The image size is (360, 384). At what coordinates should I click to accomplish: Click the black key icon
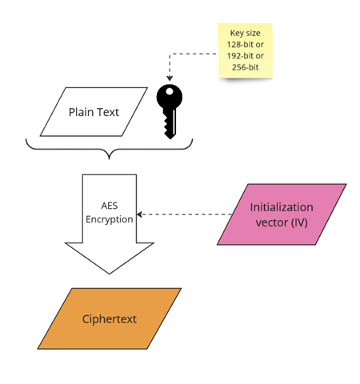click(x=170, y=111)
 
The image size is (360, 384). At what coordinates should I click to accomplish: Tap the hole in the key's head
click(x=170, y=91)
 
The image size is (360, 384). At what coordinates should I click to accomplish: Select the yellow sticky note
click(x=246, y=50)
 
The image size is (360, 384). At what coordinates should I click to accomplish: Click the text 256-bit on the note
click(x=246, y=67)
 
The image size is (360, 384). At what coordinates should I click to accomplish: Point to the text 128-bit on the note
click(x=240, y=44)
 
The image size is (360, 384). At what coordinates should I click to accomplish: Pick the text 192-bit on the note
click(x=240, y=56)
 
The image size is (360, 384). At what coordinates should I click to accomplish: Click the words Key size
click(x=246, y=33)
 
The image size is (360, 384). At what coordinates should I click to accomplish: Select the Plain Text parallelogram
click(x=94, y=112)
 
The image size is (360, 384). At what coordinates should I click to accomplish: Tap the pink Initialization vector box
click(x=282, y=214)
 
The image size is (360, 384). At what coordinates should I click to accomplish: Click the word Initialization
click(x=282, y=207)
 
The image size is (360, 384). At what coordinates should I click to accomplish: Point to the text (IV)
click(x=298, y=222)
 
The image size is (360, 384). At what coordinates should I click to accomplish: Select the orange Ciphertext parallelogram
click(x=110, y=318)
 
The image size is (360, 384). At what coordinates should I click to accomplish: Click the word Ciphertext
click(x=110, y=319)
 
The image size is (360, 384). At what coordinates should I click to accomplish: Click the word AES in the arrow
click(x=110, y=206)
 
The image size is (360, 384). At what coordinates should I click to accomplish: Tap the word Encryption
click(x=110, y=219)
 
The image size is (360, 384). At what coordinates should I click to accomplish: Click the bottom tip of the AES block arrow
click(x=110, y=274)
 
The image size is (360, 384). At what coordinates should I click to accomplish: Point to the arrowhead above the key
click(x=170, y=78)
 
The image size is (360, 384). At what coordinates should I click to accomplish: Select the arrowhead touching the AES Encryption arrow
click(x=139, y=214)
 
